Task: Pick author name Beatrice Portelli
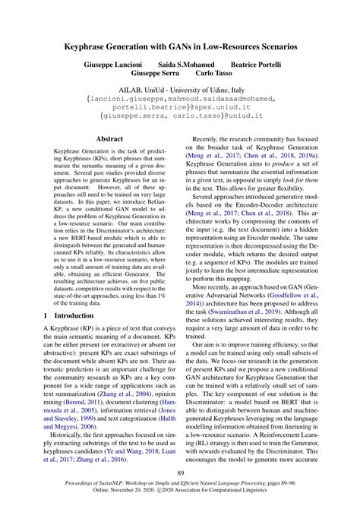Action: pos(262,66)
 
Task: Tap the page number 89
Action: pos(180,473)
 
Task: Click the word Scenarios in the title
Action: pos(271,46)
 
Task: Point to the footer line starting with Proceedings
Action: pos(180,491)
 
